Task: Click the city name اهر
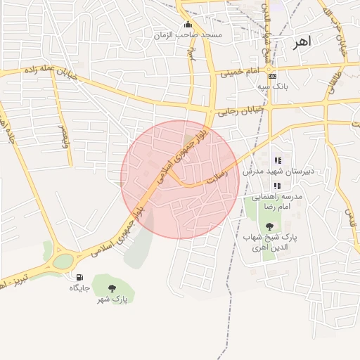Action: [x=301, y=43]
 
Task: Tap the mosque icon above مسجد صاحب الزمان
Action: [x=187, y=24]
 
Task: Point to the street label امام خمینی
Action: [x=240, y=72]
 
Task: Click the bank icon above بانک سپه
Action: [x=273, y=76]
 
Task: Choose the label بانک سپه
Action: [x=272, y=86]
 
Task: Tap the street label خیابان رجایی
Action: [x=240, y=110]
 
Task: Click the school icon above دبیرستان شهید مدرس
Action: [x=277, y=160]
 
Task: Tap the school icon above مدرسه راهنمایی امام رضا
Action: [x=277, y=186]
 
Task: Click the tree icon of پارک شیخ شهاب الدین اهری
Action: [x=269, y=226]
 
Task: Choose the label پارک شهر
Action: [x=112, y=300]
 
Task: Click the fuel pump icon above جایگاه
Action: [x=79, y=277]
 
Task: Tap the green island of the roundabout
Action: [x=63, y=261]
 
